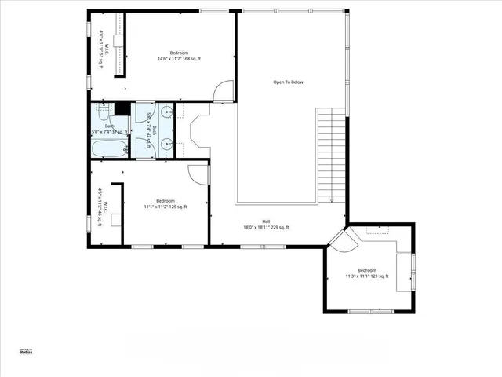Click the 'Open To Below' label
point(288,82)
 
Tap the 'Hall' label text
point(266,221)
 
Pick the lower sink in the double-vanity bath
point(167,144)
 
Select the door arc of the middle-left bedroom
point(200,174)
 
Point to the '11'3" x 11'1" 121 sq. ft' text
point(368,276)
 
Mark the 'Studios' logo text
point(26,353)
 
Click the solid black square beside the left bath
point(122,108)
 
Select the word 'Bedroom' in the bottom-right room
point(368,269)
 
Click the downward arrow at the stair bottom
point(332,199)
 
